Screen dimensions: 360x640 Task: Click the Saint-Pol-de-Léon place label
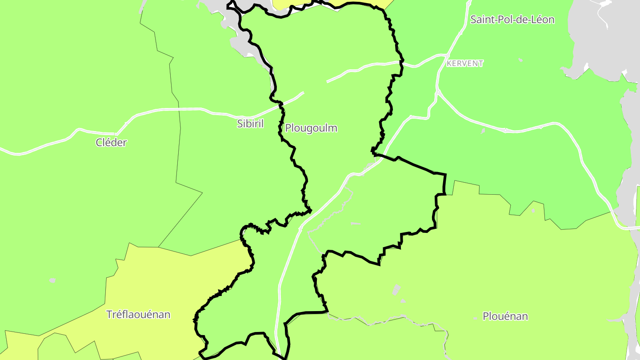point(512,20)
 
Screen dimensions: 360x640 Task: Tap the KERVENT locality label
point(465,64)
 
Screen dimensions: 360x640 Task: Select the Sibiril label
point(250,124)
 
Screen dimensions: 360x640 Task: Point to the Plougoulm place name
point(311,128)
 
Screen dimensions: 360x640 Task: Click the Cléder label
point(111,143)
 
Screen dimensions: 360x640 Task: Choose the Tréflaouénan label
point(138,315)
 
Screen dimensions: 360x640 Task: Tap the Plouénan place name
point(505,316)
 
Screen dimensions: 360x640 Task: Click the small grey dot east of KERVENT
point(520,60)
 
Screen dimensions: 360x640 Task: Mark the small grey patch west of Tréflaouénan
point(52,280)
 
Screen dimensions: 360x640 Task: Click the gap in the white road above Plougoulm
point(315,87)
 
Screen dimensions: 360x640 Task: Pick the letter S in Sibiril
point(240,124)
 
